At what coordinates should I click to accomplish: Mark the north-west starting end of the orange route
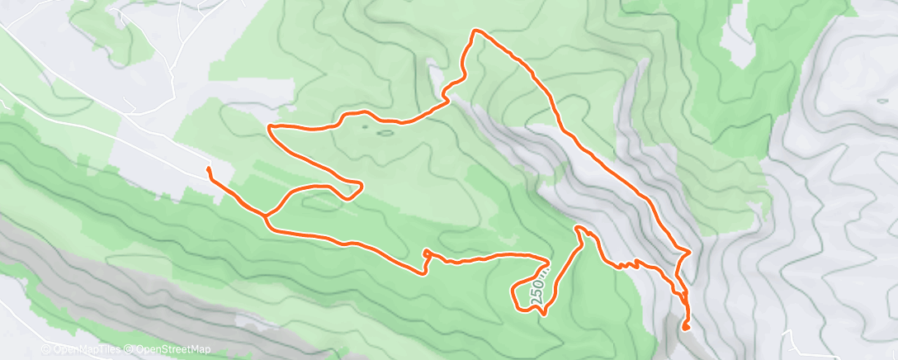coord(209,169)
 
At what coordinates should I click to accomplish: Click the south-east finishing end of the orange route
coord(686,328)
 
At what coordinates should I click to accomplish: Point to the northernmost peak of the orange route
coord(475,31)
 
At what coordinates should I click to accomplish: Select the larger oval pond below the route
coord(385,131)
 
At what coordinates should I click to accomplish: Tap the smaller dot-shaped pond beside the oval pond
coord(364,128)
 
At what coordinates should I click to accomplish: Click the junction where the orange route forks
coord(266,216)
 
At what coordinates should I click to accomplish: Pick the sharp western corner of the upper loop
coord(270,127)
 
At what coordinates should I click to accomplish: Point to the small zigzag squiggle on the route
coord(629,264)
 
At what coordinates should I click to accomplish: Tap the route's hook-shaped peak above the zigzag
coord(579,228)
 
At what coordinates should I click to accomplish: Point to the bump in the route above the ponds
coord(355,113)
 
